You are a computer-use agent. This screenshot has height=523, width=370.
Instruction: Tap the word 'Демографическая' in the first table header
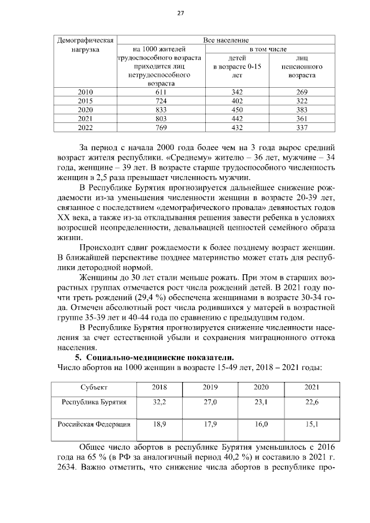tap(84, 40)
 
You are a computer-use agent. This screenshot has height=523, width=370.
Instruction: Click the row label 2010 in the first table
tap(85, 92)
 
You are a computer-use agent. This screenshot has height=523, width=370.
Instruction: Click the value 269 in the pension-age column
tap(302, 92)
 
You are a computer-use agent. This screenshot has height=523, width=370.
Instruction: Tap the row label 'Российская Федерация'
tap(94, 424)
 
